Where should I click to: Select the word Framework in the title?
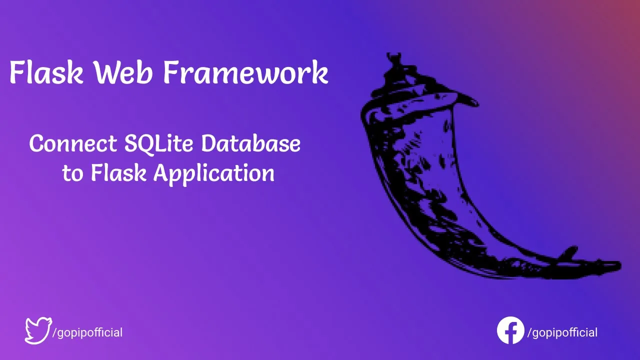click(x=245, y=72)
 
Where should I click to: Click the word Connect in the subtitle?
click(x=73, y=143)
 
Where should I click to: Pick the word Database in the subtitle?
click(x=250, y=143)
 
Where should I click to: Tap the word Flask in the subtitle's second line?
click(x=118, y=172)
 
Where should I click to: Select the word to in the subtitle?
click(x=72, y=174)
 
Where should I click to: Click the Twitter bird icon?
click(x=38, y=330)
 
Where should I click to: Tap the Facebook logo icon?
click(x=510, y=330)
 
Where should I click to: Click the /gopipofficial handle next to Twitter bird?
click(x=87, y=333)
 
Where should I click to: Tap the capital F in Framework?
click(x=172, y=72)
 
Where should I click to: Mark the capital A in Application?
click(x=162, y=172)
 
